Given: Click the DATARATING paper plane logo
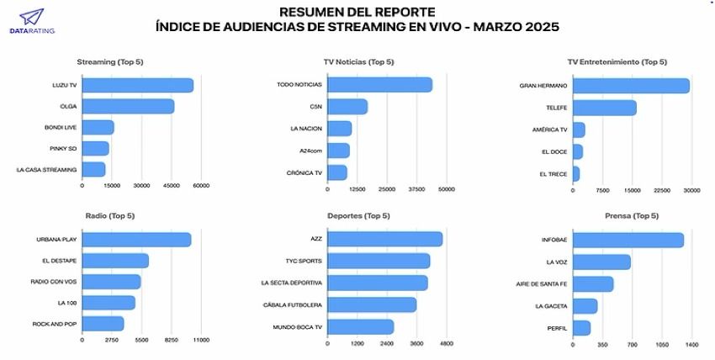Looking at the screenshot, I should coord(31,16).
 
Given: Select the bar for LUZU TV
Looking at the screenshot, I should coord(138,85).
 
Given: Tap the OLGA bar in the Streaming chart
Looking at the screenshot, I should coord(128,106).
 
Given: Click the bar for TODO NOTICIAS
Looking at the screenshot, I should coord(379,85).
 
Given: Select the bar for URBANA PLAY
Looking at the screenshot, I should coord(136,240).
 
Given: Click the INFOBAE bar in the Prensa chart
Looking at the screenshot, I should coord(628,241).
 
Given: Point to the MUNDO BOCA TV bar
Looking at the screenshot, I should coord(360,326).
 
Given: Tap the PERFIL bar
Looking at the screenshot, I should coord(582,327).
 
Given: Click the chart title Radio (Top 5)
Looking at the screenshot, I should coord(109,216).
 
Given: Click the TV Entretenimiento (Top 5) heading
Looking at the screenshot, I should coord(617,62).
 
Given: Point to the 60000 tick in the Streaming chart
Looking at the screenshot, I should coord(200,186).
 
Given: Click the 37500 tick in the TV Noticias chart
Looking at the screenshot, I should coord(416,189).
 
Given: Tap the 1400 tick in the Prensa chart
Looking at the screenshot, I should coord(691,345).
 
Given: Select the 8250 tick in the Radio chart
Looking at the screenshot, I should coord(171,340).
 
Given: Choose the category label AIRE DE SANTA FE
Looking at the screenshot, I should coord(542,283).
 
